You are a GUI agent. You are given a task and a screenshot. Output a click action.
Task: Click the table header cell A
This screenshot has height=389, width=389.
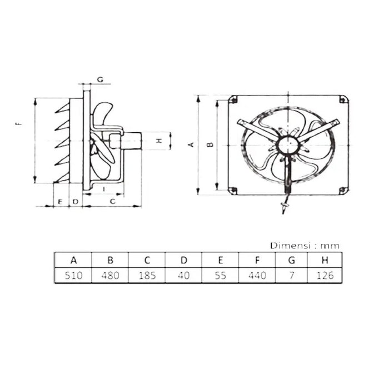click(73, 260)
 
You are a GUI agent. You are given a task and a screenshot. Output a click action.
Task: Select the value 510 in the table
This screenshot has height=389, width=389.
click(73, 276)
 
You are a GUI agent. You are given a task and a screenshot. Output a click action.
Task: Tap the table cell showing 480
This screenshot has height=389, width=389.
click(110, 276)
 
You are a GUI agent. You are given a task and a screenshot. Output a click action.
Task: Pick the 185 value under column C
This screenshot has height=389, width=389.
click(147, 276)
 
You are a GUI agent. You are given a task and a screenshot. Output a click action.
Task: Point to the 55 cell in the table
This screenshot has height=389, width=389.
click(220, 276)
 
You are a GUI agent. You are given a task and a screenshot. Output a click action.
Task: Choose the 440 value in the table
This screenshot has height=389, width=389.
click(257, 276)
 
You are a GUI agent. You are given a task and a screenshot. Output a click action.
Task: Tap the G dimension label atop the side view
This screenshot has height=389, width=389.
click(100, 79)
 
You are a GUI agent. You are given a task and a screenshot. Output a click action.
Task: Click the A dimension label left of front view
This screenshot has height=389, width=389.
click(190, 144)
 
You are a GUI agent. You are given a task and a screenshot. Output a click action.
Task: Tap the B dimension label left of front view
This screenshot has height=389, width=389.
click(210, 144)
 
